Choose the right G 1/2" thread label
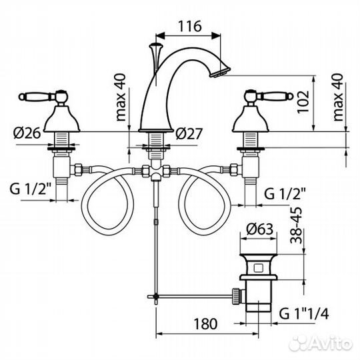click(x=287, y=194)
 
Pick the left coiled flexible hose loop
click(x=107, y=203)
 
